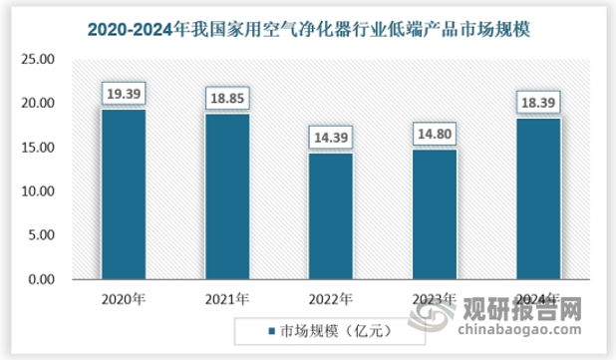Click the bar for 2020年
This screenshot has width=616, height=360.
[x=123, y=194]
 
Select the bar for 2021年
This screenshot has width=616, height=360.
[x=227, y=196]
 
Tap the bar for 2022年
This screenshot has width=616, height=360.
[x=330, y=216]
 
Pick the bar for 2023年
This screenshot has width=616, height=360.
[x=434, y=214]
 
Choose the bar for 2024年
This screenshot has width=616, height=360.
[x=538, y=198]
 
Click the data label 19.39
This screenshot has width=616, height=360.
[x=123, y=94]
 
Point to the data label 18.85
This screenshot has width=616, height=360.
[x=227, y=99]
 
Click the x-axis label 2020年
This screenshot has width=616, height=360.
[x=123, y=298]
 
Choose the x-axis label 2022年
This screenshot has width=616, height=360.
[x=330, y=298]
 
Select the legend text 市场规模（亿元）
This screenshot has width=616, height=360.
[x=330, y=330]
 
